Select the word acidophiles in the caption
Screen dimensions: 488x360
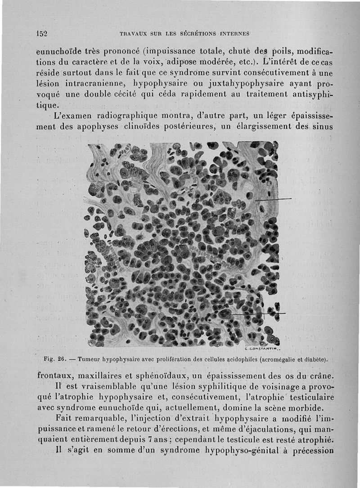click(232, 359)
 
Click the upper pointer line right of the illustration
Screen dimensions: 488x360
click(274, 198)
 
